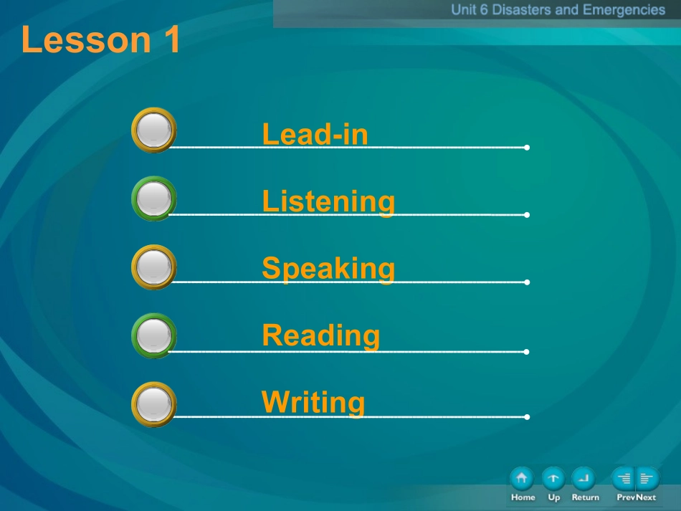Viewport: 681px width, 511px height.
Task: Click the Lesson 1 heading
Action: (100, 39)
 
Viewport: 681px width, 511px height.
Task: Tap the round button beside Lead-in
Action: (153, 130)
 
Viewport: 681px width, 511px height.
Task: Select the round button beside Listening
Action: (153, 199)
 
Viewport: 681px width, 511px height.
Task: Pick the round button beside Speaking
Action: (153, 267)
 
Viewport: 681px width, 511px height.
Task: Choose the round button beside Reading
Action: (153, 336)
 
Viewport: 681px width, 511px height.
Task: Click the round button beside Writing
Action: (153, 405)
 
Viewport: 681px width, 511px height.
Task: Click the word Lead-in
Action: (315, 134)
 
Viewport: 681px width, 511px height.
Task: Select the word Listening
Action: (329, 202)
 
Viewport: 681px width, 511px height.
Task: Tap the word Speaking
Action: (329, 269)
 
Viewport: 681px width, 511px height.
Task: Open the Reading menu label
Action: (321, 336)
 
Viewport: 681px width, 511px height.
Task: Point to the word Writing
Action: (313, 403)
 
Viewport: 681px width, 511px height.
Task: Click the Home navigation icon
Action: (522, 479)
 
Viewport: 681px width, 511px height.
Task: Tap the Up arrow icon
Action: (553, 479)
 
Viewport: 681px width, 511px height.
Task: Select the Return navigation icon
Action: (584, 479)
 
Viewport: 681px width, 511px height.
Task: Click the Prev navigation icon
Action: (623, 479)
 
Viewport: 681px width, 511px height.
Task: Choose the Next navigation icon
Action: (647, 479)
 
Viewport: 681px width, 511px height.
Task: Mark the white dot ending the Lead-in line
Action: (527, 148)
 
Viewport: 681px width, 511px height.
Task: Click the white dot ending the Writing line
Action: (527, 417)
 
